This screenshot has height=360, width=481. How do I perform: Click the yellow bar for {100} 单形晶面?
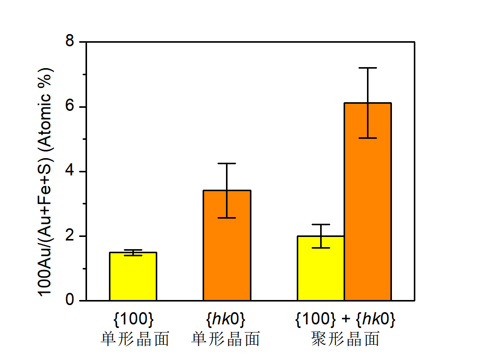(x=133, y=276)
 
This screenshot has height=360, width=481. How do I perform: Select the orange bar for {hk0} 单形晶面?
(x=227, y=245)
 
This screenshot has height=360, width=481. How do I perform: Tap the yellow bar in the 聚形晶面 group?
(x=321, y=268)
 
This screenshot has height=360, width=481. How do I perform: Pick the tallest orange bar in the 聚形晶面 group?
(x=367, y=201)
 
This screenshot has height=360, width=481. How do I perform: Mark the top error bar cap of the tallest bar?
(x=367, y=68)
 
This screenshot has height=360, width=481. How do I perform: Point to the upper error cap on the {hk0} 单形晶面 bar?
(x=227, y=163)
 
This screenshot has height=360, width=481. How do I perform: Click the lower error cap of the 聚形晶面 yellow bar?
(x=321, y=248)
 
